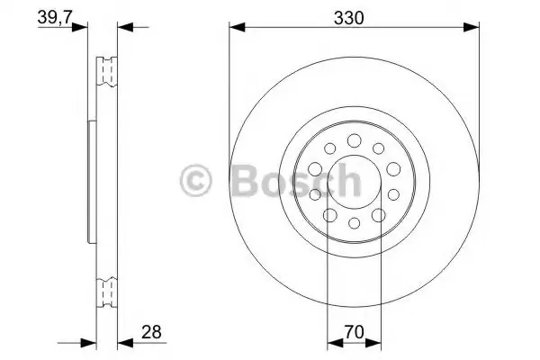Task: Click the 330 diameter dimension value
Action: click(x=348, y=18)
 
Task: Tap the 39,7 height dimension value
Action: click(x=54, y=17)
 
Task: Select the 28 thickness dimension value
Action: click(x=151, y=332)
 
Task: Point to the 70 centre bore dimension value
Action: click(x=354, y=332)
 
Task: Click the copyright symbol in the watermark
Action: click(x=195, y=181)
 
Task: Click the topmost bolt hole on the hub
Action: click(x=354, y=140)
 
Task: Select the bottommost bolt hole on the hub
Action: click(x=354, y=223)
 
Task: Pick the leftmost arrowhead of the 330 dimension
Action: click(x=237, y=27)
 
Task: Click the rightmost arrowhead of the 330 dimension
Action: click(x=471, y=27)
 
